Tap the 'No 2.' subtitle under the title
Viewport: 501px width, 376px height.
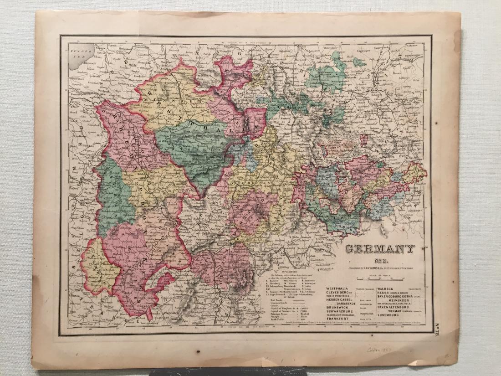379,261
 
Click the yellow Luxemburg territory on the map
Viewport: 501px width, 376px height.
93,264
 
